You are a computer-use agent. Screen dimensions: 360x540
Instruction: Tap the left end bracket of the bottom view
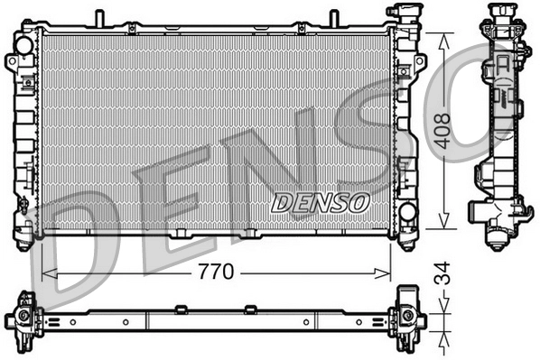point(26,319)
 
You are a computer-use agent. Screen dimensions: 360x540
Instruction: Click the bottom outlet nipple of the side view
point(498,240)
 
